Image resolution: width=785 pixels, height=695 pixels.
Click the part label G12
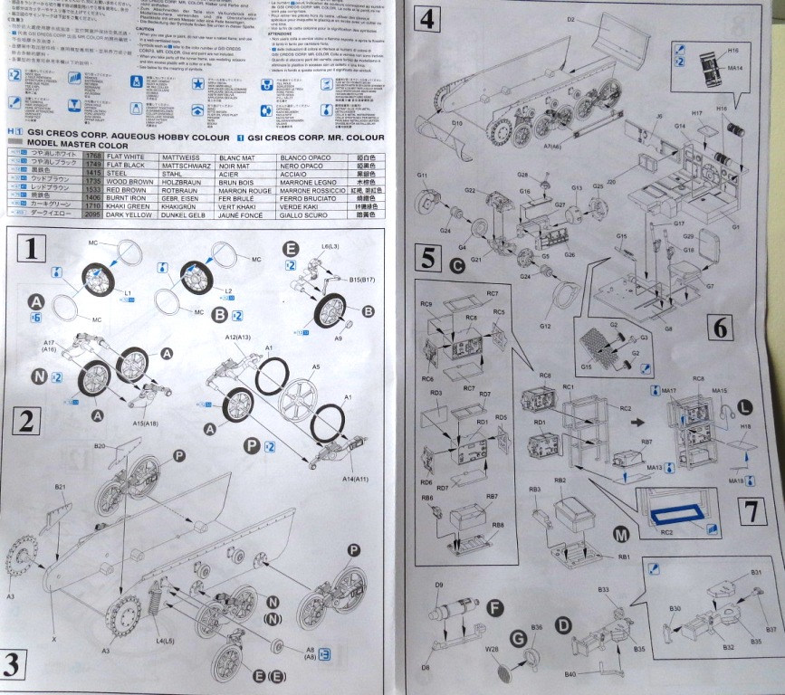click(546, 325)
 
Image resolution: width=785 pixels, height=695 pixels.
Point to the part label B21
click(61, 487)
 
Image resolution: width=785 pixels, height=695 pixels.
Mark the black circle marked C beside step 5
click(456, 264)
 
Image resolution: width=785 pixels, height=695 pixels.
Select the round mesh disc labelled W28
click(500, 673)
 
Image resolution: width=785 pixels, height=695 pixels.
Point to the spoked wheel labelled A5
click(299, 399)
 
